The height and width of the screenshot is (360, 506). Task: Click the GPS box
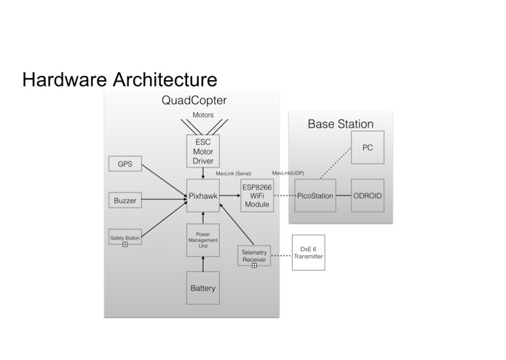click(x=125, y=164)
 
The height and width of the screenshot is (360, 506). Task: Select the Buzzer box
click(x=125, y=200)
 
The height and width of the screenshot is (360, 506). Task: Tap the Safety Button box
click(x=125, y=237)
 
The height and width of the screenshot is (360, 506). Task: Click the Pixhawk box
click(x=203, y=195)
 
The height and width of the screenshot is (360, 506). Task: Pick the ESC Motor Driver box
click(x=203, y=151)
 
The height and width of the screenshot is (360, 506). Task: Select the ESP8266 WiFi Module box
click(x=257, y=195)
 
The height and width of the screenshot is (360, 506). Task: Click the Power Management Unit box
click(x=203, y=240)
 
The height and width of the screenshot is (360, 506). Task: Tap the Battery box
click(x=203, y=288)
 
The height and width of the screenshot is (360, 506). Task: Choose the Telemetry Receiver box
click(x=254, y=256)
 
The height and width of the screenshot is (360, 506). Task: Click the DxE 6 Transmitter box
click(x=309, y=252)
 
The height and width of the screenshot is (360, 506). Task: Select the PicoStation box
click(x=315, y=195)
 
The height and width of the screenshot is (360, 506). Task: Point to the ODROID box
click(x=368, y=195)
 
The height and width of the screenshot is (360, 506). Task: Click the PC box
click(x=368, y=147)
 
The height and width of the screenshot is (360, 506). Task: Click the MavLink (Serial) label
click(x=233, y=173)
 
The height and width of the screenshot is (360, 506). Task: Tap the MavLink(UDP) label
click(x=288, y=173)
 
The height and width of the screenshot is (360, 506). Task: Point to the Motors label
click(x=203, y=115)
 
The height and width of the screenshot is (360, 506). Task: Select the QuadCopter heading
click(x=194, y=101)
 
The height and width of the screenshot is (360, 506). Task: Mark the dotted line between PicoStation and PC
click(x=336, y=163)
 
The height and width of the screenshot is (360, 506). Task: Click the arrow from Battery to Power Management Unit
click(x=203, y=264)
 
